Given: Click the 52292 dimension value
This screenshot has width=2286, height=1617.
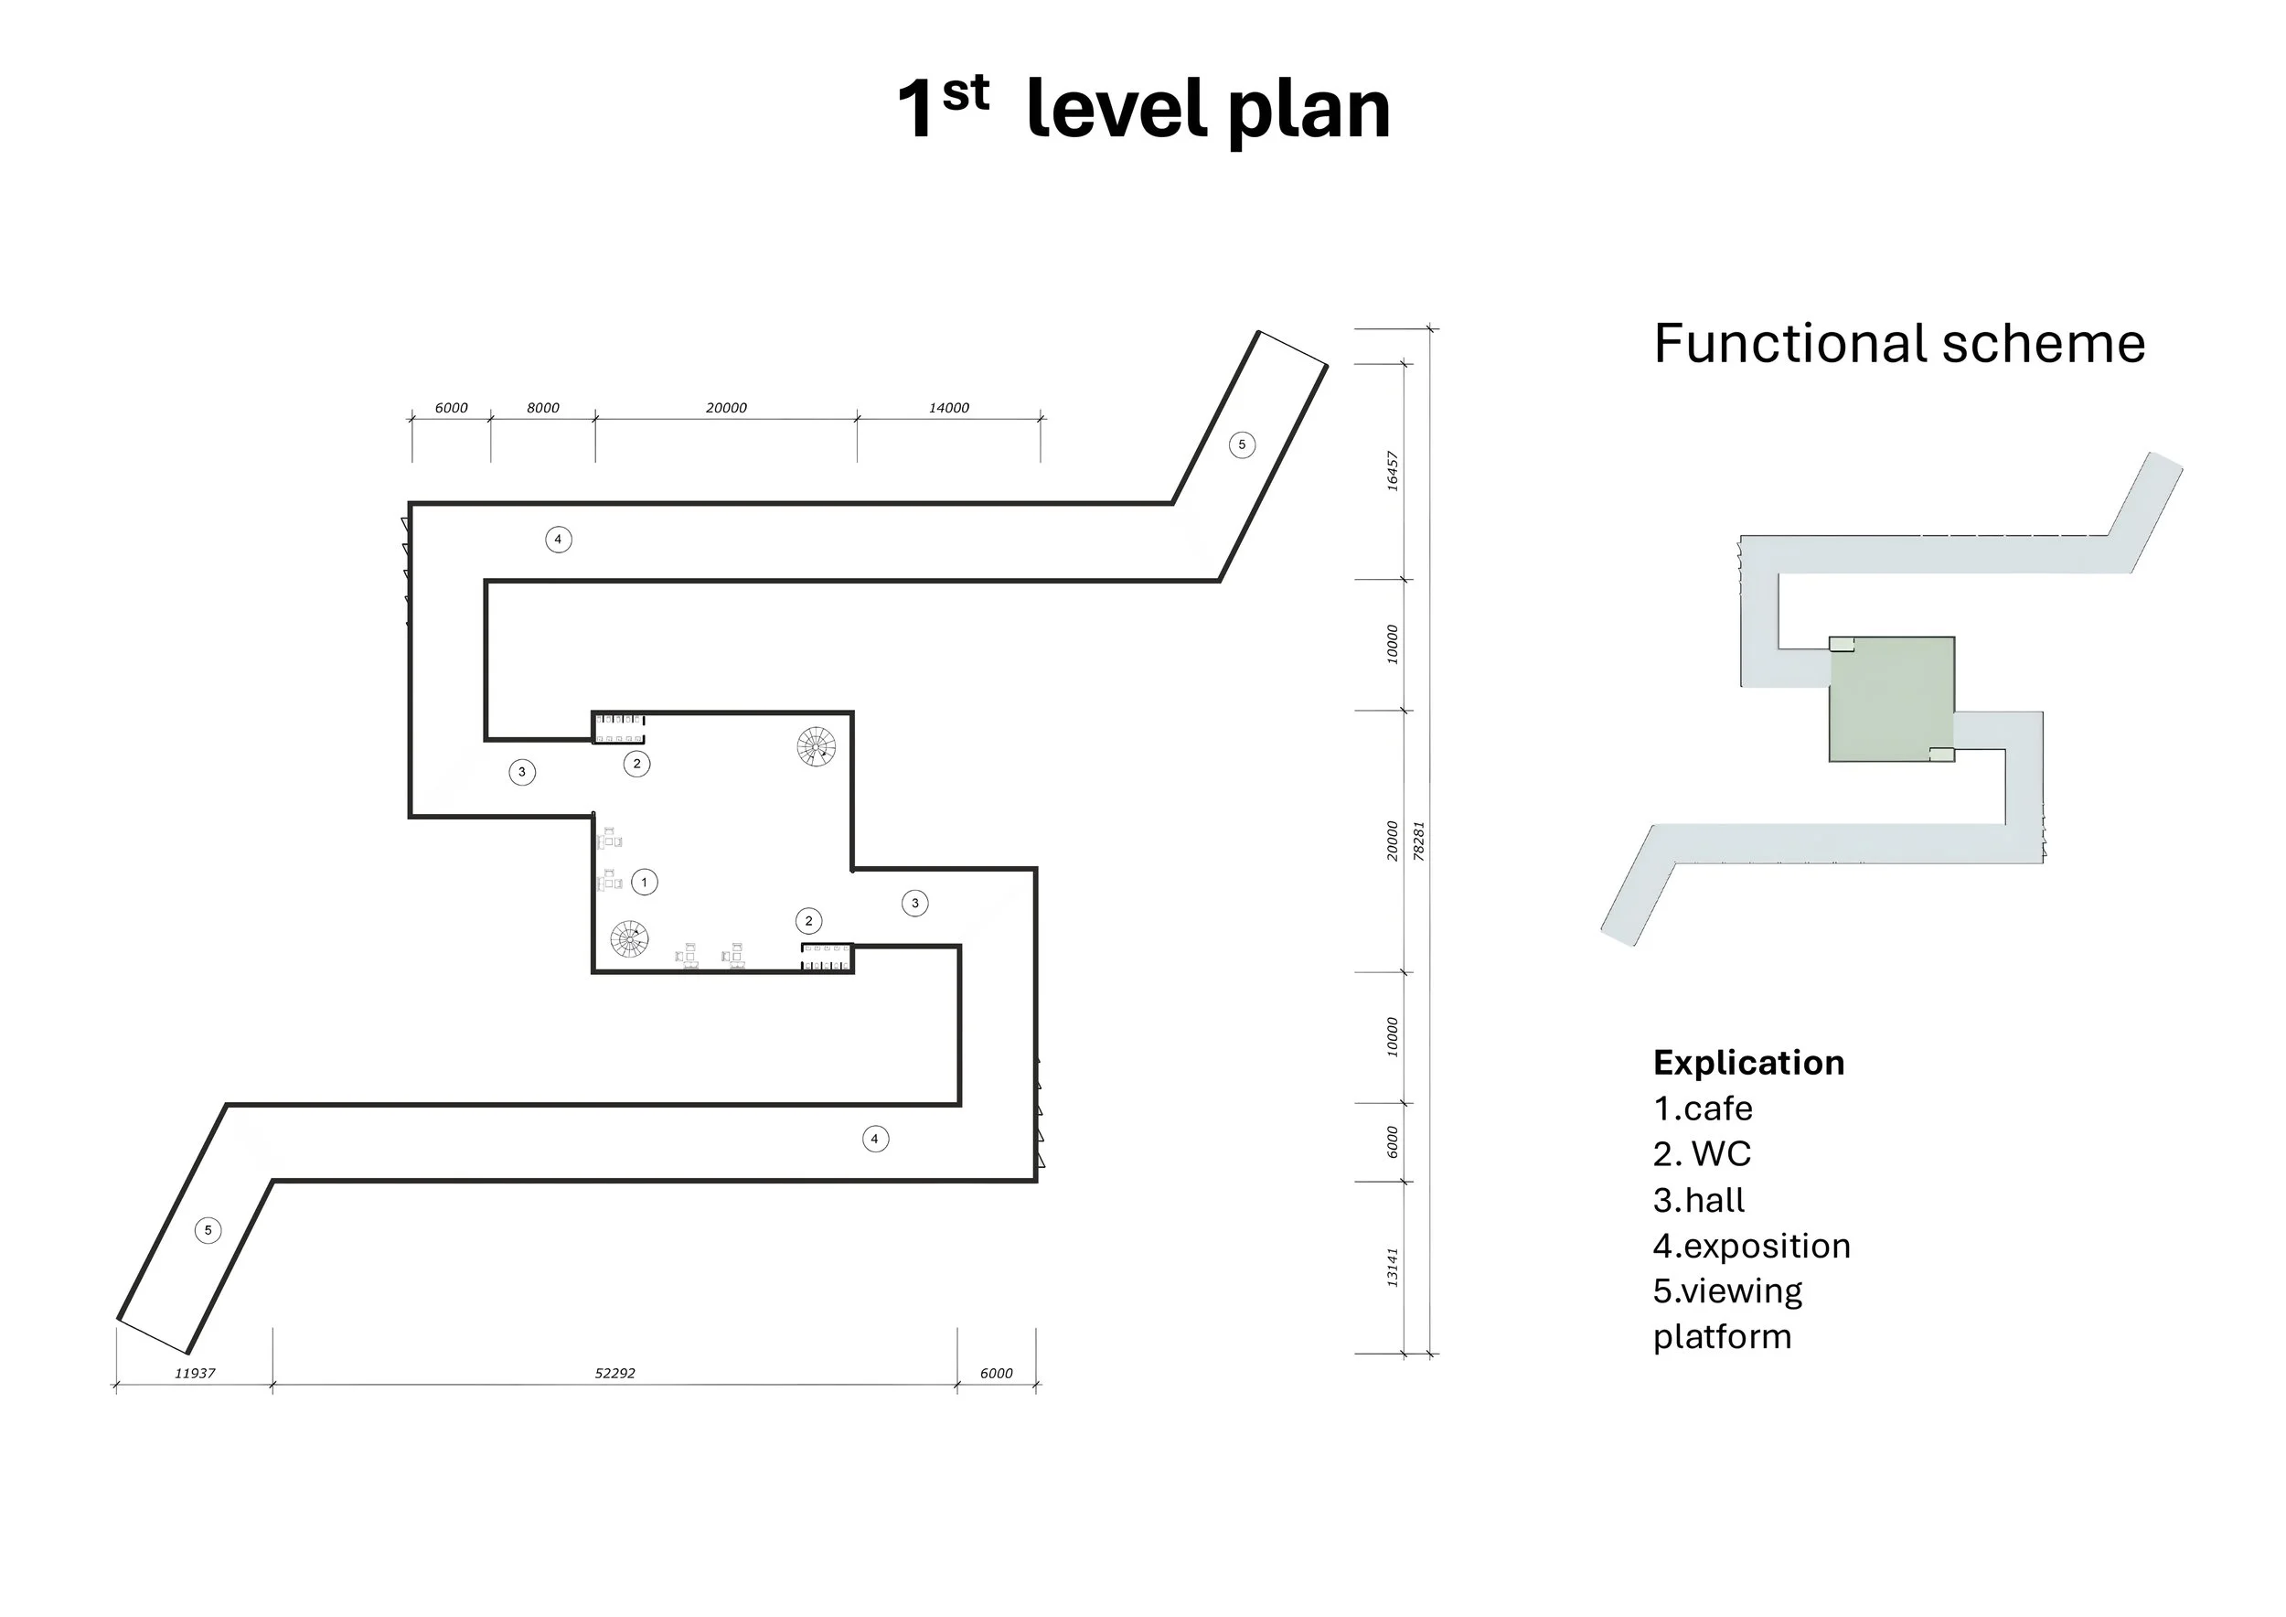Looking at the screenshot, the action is pyautogui.click(x=614, y=1373).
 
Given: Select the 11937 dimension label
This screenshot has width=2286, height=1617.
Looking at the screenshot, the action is pyautogui.click(x=194, y=1373).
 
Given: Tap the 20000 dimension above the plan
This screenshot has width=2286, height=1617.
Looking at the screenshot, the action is pyautogui.click(x=726, y=408).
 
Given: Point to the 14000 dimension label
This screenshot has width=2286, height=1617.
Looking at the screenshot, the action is pyautogui.click(x=949, y=408).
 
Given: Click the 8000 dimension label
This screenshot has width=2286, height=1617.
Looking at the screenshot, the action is pyautogui.click(x=542, y=408).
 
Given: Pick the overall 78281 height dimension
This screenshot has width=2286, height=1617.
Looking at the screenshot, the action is pyautogui.click(x=1420, y=841).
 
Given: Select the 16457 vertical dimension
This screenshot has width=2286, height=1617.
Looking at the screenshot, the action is pyautogui.click(x=1393, y=471).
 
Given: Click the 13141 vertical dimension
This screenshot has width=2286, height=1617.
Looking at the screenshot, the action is pyautogui.click(x=1393, y=1268).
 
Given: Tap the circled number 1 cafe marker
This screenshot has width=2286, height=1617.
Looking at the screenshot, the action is pyautogui.click(x=644, y=883).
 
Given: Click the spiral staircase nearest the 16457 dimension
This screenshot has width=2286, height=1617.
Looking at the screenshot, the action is pyautogui.click(x=817, y=747).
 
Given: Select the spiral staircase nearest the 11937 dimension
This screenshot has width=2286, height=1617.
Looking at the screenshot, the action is pyautogui.click(x=629, y=939).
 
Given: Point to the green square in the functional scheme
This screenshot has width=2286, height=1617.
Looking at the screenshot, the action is pyautogui.click(x=1892, y=699).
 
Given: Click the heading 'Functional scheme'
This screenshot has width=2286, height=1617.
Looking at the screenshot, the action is pyautogui.click(x=1898, y=344).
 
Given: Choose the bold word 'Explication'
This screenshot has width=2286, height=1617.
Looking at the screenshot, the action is pyautogui.click(x=1748, y=1063).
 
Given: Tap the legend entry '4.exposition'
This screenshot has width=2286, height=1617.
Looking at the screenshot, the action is pyautogui.click(x=1751, y=1247).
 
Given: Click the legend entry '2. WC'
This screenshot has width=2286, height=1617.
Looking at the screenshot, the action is pyautogui.click(x=1702, y=1154).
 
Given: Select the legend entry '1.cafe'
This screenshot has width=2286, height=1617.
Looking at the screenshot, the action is pyautogui.click(x=1703, y=1108).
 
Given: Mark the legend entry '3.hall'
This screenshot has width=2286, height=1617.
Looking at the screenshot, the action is pyautogui.click(x=1699, y=1200).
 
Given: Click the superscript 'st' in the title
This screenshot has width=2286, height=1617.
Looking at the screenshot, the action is pyautogui.click(x=965, y=92).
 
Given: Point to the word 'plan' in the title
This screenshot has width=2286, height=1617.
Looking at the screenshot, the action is pyautogui.click(x=1309, y=112).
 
